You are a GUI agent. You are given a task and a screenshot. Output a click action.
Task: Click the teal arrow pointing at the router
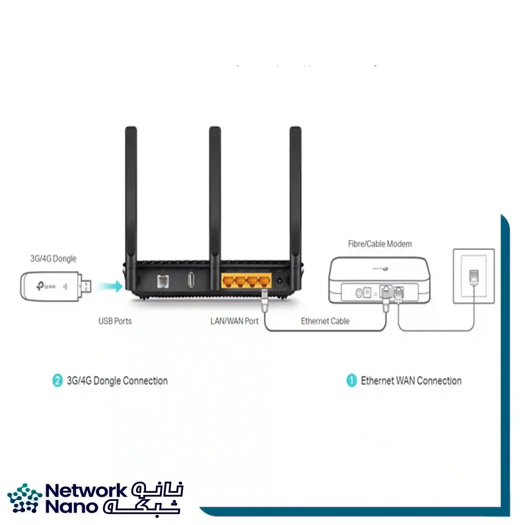pos(109,286)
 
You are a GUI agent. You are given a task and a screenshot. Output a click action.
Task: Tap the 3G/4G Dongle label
pos(53,259)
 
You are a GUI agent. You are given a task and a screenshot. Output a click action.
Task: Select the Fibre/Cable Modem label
pos(380,244)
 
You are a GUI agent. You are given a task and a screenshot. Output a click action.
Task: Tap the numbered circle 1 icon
pos(351,380)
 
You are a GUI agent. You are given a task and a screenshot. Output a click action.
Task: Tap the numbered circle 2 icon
pos(57,380)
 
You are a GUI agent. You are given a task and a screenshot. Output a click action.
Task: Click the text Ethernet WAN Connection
pos(411,381)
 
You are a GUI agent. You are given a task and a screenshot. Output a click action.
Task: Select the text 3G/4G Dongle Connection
pos(117,381)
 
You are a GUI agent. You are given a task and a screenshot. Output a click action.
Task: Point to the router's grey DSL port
pos(163,281)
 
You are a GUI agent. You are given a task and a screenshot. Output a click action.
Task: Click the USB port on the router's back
pos(191,280)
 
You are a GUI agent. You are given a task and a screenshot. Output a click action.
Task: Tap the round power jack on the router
pos(279,280)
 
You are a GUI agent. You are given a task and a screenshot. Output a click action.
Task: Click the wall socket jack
pos(474,277)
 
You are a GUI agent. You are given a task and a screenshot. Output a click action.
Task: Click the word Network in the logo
pos(86,490)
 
